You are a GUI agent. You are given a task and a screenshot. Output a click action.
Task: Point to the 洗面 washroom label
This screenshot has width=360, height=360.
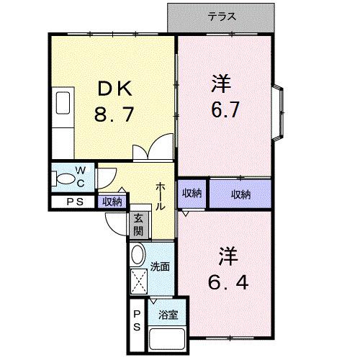[160, 267]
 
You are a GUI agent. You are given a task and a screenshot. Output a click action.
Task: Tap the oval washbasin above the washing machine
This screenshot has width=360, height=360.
[138, 253]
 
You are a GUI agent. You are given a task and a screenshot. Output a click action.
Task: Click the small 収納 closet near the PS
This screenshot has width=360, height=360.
[112, 202]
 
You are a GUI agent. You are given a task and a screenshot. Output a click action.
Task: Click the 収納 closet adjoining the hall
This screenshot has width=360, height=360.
[191, 193]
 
